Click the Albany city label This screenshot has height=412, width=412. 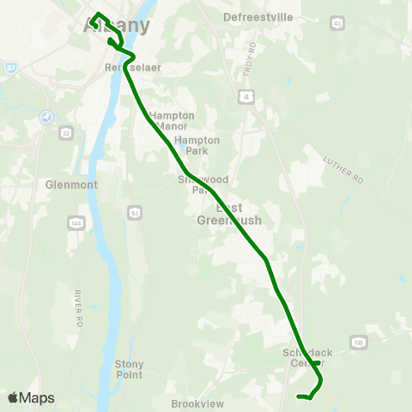[116, 26]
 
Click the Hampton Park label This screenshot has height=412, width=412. [197, 145]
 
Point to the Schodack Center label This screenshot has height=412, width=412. [306, 358]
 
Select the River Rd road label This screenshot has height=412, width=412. [76, 300]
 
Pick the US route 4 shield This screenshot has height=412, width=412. [247, 98]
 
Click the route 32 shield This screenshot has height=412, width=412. [65, 133]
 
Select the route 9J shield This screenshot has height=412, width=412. [134, 212]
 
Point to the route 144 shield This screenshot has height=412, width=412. [76, 222]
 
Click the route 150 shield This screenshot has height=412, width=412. [358, 342]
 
